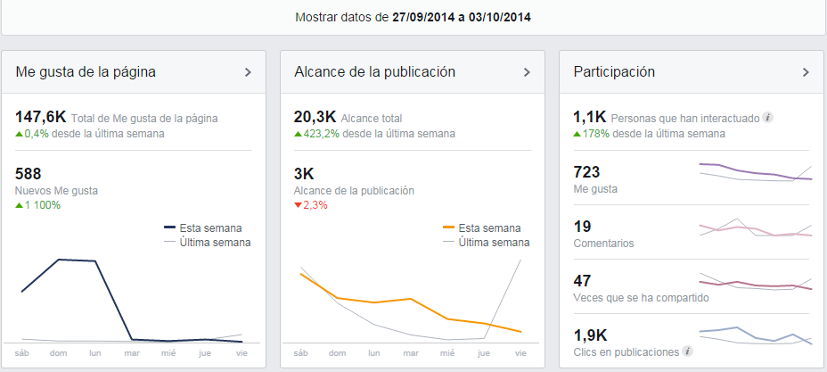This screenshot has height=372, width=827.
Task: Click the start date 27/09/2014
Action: point(422,17)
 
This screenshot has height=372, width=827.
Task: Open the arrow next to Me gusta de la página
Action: point(249,72)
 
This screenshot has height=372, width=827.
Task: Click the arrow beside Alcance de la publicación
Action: point(527,72)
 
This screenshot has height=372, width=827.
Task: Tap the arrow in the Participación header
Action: point(806,72)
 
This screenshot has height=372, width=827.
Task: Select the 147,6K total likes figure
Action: point(41,117)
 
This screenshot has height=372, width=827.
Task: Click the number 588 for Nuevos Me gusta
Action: point(29,174)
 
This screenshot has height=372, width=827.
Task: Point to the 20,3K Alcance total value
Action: point(315,117)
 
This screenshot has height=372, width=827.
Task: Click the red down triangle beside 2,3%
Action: point(298,205)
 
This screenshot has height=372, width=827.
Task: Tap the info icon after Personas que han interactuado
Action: point(768,118)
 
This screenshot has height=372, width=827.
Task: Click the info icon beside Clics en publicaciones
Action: point(685,351)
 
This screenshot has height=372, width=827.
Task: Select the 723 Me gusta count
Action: point(586,172)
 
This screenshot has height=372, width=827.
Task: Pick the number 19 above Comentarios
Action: point(582,227)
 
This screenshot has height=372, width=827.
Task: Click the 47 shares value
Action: point(582,281)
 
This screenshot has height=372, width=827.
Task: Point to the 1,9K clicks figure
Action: point(590,335)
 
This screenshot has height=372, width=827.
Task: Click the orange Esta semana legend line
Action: point(449,228)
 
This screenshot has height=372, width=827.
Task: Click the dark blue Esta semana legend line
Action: point(170,228)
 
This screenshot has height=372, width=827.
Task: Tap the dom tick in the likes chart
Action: point(59,353)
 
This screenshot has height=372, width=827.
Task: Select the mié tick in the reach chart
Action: point(446,353)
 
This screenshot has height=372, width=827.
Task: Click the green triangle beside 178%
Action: point(577,134)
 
